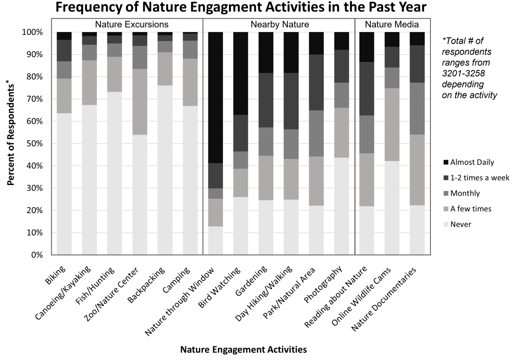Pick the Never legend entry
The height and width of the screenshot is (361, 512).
tap(460, 224)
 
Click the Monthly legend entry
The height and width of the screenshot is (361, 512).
tap(465, 194)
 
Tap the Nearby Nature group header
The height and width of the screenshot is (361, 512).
tap(279, 24)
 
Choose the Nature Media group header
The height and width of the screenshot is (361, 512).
tap(392, 24)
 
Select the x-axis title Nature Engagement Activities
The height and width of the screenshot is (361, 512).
tap(243, 350)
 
